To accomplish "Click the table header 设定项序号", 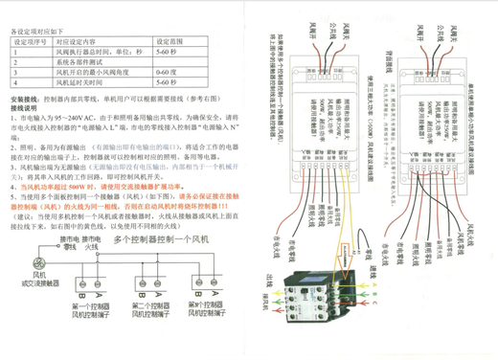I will (30, 42).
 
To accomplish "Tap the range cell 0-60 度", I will (167, 72).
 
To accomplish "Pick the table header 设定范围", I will (169, 42).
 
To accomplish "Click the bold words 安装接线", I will (26, 99).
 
